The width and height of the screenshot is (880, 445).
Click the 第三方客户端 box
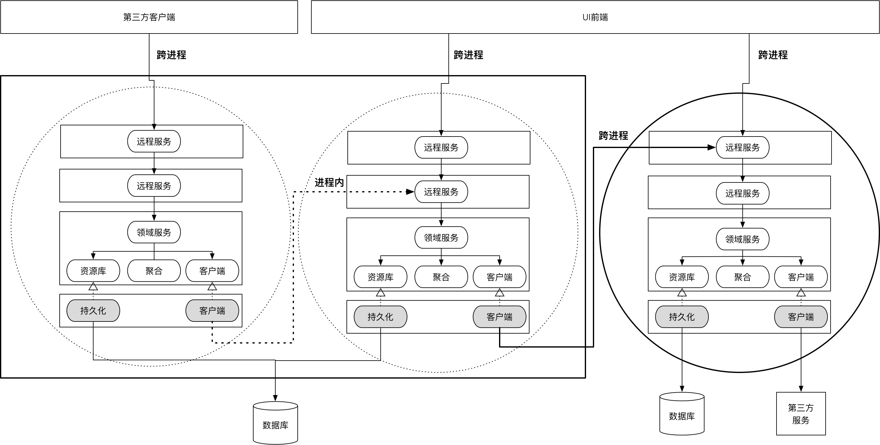tap(149, 17)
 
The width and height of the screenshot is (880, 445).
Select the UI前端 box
tap(595, 17)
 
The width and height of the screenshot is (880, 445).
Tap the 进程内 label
tap(329, 182)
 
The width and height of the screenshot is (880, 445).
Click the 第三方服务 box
tap(800, 414)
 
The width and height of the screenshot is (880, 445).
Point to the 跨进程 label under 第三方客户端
tap(171, 55)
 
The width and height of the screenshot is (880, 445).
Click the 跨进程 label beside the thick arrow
tap(613, 136)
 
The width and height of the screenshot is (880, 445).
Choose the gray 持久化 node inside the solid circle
tap(681, 317)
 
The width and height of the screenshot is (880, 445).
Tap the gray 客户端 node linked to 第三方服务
tap(800, 317)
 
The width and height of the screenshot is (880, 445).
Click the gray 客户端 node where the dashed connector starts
tap(212, 311)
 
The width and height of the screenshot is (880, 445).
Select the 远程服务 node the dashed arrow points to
tap(441, 192)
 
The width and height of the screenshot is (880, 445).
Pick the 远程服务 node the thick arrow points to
tap(742, 147)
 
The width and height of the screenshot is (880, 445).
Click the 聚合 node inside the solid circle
tap(742, 277)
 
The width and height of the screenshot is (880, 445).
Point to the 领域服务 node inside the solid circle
tap(742, 239)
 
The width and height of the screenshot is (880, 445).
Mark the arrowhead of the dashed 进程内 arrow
tap(410, 192)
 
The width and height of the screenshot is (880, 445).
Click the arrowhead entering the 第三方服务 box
tap(801, 389)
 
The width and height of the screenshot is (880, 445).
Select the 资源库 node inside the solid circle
tap(681, 277)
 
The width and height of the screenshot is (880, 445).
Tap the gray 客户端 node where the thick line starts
tap(499, 317)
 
